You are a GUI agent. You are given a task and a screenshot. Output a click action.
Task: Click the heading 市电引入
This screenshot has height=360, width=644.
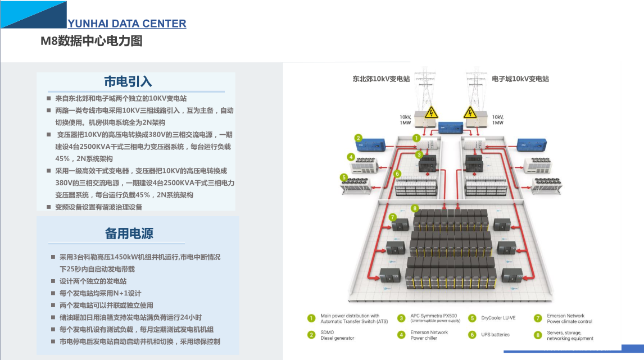click(x=128, y=81)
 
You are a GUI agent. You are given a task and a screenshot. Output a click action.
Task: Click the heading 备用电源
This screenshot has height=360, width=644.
click(x=129, y=233)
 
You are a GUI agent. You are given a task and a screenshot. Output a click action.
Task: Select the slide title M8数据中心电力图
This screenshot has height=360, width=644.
click(x=91, y=41)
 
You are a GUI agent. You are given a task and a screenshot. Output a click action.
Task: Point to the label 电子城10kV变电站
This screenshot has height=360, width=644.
click(x=520, y=79)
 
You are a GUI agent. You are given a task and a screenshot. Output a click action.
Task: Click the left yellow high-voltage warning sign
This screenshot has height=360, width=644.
click(x=431, y=112)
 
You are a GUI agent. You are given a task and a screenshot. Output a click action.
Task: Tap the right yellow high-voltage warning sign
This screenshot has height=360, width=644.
click(x=470, y=112)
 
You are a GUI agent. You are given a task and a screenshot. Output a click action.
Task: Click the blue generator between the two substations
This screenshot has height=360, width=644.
click(x=450, y=129)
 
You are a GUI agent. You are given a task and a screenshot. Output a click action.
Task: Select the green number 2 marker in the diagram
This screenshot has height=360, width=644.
click(x=357, y=138)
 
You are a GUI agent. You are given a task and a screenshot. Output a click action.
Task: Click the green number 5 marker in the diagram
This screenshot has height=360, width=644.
click(x=343, y=177)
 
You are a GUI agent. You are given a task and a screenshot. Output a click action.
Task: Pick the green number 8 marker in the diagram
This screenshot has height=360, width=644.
click(x=415, y=208)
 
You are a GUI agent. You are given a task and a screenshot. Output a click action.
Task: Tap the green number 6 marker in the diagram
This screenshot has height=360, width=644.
click(x=397, y=174)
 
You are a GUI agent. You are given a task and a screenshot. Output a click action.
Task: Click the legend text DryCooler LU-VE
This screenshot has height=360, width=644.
click(x=498, y=318)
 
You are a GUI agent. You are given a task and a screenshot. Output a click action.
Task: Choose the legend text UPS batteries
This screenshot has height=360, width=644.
click(x=495, y=335)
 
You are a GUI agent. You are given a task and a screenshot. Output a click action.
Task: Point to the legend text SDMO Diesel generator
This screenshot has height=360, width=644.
click(x=337, y=335)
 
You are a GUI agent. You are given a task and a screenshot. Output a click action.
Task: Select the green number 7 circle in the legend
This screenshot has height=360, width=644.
click(x=537, y=318)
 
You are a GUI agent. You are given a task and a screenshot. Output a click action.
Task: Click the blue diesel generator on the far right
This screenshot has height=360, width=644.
click(x=531, y=144)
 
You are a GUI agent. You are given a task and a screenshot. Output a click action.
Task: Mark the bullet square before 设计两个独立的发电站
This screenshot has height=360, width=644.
click(x=54, y=281)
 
